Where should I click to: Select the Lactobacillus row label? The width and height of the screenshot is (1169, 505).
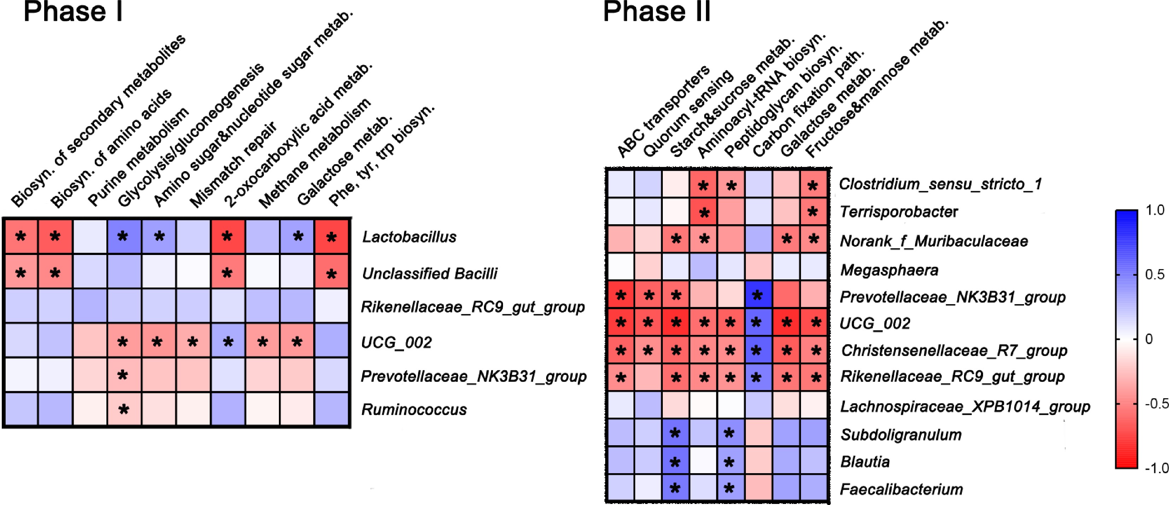tap(409, 237)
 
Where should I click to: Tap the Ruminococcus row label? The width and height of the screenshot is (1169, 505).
tap(414, 409)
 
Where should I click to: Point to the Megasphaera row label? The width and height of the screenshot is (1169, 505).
tap(889, 270)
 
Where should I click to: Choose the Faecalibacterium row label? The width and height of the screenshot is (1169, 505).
tap(901, 489)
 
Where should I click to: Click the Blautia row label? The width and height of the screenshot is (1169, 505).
tap(865, 462)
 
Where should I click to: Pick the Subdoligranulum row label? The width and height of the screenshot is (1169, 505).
tap(901, 435)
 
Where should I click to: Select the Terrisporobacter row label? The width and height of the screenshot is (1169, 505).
tap(899, 211)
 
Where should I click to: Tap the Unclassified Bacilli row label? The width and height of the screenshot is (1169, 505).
tap(429, 273)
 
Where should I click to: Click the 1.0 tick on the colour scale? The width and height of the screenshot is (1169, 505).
tap(1155, 210)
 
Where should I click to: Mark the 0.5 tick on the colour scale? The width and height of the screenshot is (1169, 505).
tap(1155, 274)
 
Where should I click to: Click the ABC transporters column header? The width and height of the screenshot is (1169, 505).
tap(662, 111)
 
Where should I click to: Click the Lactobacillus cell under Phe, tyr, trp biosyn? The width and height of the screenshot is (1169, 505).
tap(332, 236)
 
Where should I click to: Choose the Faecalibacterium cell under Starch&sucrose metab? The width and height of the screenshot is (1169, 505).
tap(675, 488)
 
